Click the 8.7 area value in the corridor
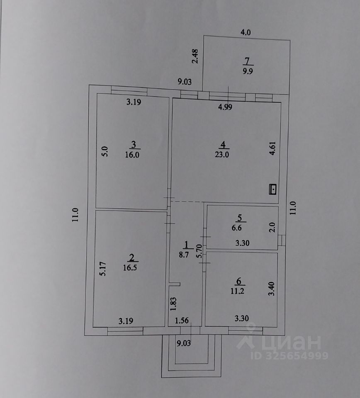point(185,255)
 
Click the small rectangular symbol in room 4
point(273,189)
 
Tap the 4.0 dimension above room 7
point(246,32)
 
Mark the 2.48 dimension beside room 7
point(196,57)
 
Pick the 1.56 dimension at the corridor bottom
point(181,320)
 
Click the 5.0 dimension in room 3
point(105,151)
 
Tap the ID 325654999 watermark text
point(289,356)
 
